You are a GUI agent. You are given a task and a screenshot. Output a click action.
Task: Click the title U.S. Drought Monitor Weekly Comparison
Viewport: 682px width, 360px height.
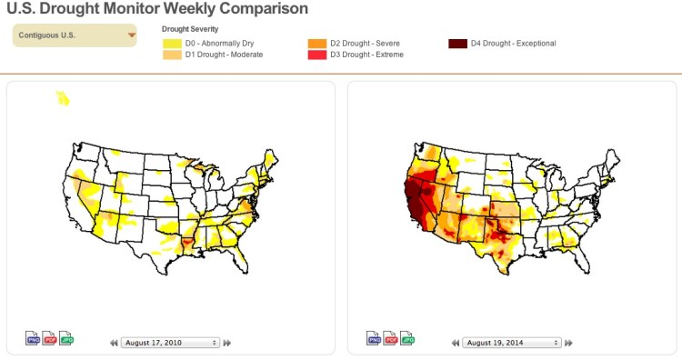(x=154, y=9)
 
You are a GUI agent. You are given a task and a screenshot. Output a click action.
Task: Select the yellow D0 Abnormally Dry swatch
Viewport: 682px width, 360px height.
(x=172, y=43)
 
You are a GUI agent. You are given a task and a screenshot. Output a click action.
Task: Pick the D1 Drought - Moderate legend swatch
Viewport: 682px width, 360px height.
(x=172, y=55)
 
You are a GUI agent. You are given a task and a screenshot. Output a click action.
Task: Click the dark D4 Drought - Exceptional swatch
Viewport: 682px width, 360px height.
(x=457, y=43)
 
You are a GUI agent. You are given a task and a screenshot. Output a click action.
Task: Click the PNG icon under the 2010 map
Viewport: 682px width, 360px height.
(x=33, y=338)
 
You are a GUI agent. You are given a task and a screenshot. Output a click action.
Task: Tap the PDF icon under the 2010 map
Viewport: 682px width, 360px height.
(x=50, y=338)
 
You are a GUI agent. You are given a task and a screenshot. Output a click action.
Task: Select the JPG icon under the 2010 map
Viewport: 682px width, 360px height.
(x=66, y=338)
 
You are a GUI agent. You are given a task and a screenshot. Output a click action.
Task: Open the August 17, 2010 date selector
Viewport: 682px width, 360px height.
(x=171, y=343)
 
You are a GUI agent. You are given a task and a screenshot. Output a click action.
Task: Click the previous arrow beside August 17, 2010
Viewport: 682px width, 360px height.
(x=115, y=343)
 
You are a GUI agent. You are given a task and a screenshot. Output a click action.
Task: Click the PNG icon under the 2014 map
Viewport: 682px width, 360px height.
(x=374, y=338)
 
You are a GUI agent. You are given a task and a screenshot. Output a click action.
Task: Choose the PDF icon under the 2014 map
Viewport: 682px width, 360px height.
(x=391, y=338)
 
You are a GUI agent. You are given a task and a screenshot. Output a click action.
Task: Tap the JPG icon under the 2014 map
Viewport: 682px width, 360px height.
(x=407, y=338)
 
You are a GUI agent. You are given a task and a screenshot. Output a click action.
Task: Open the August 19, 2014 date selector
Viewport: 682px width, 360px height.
(x=512, y=343)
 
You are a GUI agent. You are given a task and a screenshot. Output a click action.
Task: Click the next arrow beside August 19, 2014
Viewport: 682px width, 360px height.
(x=568, y=343)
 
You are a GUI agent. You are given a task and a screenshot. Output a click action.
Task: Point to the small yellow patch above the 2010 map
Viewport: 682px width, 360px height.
(x=62, y=97)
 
